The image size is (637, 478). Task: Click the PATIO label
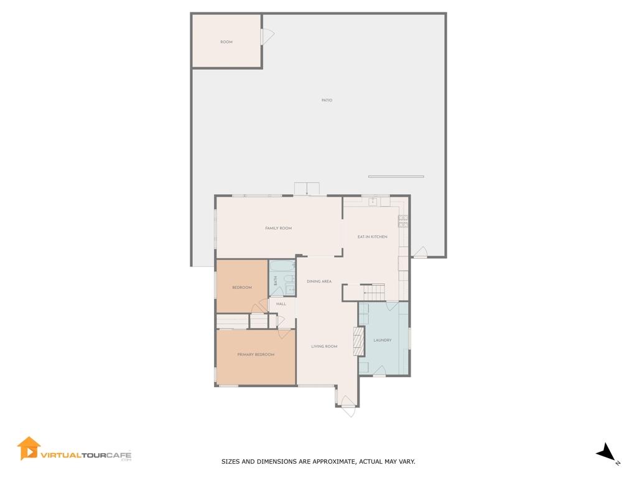[327, 100]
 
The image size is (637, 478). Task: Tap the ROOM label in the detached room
[226, 42]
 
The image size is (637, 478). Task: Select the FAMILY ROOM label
[278, 228]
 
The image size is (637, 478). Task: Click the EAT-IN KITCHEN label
[372, 237]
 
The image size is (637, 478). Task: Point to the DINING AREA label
[318, 281]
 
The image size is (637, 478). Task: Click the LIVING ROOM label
[324, 347]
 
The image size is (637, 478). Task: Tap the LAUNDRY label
[382, 340]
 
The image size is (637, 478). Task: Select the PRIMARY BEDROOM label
[256, 355]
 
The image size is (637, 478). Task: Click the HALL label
[281, 304]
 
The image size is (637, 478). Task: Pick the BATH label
[274, 281]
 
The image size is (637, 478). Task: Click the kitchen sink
[372, 201]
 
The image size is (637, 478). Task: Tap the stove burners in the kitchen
[402, 220]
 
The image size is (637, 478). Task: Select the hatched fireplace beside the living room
[358, 341]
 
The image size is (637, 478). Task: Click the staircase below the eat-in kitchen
[374, 291]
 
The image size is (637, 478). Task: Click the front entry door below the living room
[348, 410]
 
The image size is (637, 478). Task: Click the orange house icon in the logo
[28, 448]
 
